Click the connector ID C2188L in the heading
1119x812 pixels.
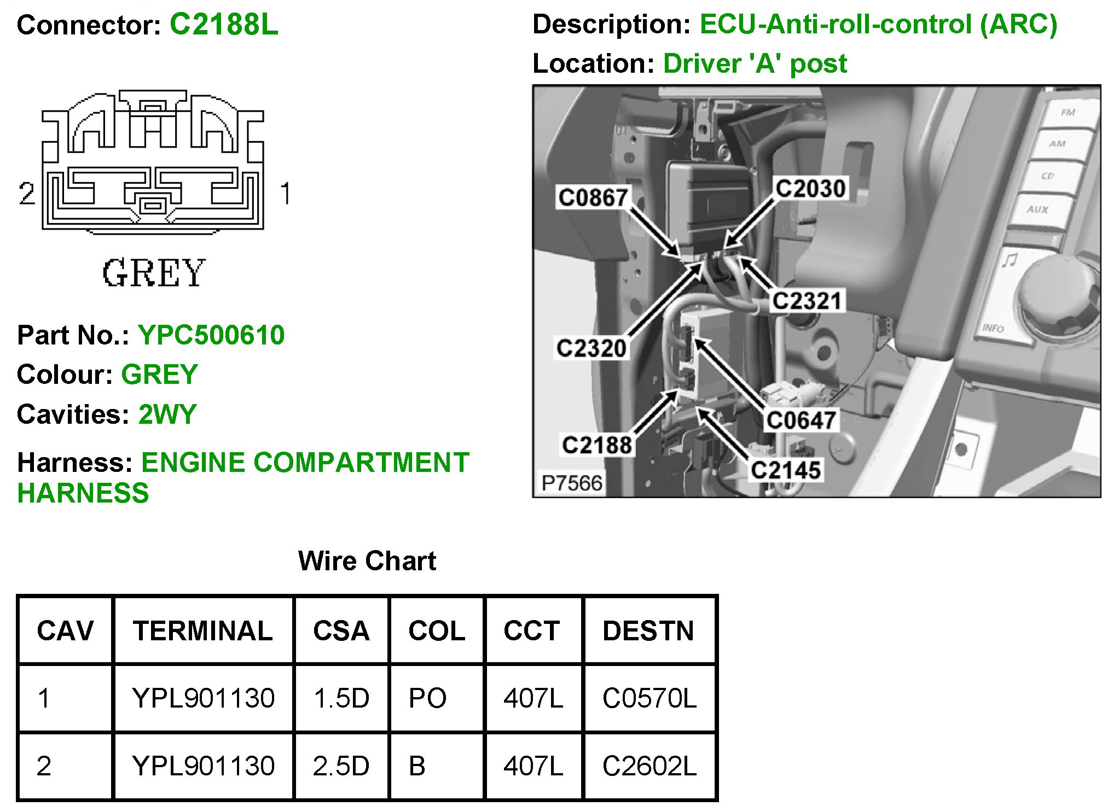coord(224,25)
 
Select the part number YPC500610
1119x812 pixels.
coord(211,335)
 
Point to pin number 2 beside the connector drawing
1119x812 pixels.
coord(26,194)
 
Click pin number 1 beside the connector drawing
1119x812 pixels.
coord(285,194)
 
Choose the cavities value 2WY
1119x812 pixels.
coord(167,414)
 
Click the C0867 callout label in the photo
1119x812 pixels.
coord(593,197)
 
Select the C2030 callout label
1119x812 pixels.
coord(811,188)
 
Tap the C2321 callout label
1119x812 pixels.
coord(807,301)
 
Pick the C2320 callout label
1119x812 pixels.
coord(591,348)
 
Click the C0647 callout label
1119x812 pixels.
coord(801,420)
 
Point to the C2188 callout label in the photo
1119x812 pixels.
coord(597,445)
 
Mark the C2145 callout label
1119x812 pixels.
coord(786,470)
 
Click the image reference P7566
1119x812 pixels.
coord(571,483)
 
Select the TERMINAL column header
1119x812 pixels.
coord(202,630)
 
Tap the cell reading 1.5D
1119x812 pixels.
coord(341,698)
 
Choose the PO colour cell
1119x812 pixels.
coord(427,698)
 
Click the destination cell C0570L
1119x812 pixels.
coord(650,698)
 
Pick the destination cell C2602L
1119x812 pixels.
coord(650,766)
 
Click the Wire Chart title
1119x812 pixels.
coord(367,560)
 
